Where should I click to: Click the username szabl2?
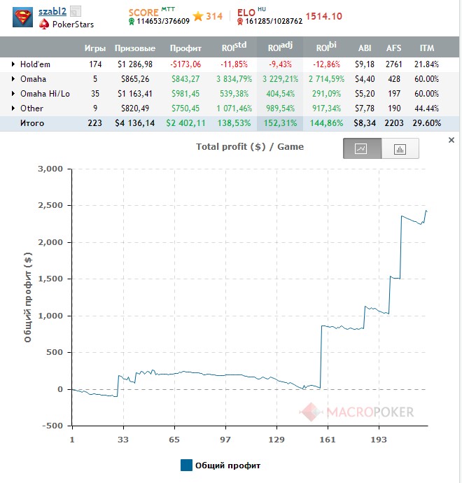tap(52, 11)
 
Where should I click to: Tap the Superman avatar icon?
tap(23, 17)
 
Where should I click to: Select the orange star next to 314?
tap(198, 16)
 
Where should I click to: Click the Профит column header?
tap(185, 48)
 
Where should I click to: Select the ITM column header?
tap(426, 48)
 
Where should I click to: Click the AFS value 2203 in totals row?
tap(393, 122)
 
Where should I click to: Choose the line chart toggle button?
tap(362, 148)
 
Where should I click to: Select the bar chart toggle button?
tap(400, 148)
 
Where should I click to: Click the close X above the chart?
tap(451, 141)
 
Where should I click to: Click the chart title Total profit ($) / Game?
tap(250, 147)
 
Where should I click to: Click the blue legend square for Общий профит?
tap(186, 465)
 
